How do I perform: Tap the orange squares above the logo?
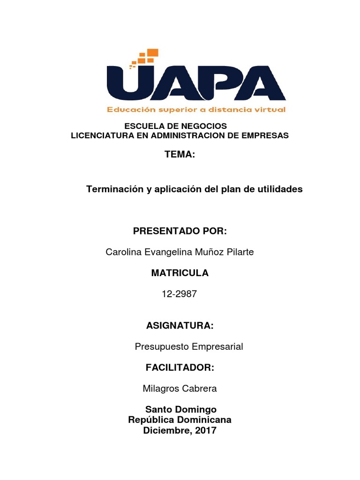tap(145, 57)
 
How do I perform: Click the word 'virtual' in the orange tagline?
tap(269, 110)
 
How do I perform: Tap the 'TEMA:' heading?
tap(180, 155)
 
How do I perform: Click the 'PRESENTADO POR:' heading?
tap(180, 231)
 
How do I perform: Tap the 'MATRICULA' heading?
tap(180, 273)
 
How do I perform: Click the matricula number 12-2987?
tap(180, 294)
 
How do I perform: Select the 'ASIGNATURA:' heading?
tap(180, 325)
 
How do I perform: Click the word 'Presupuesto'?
tap(157, 347)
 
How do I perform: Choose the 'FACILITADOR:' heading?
tap(180, 368)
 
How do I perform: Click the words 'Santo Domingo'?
tap(180, 410)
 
